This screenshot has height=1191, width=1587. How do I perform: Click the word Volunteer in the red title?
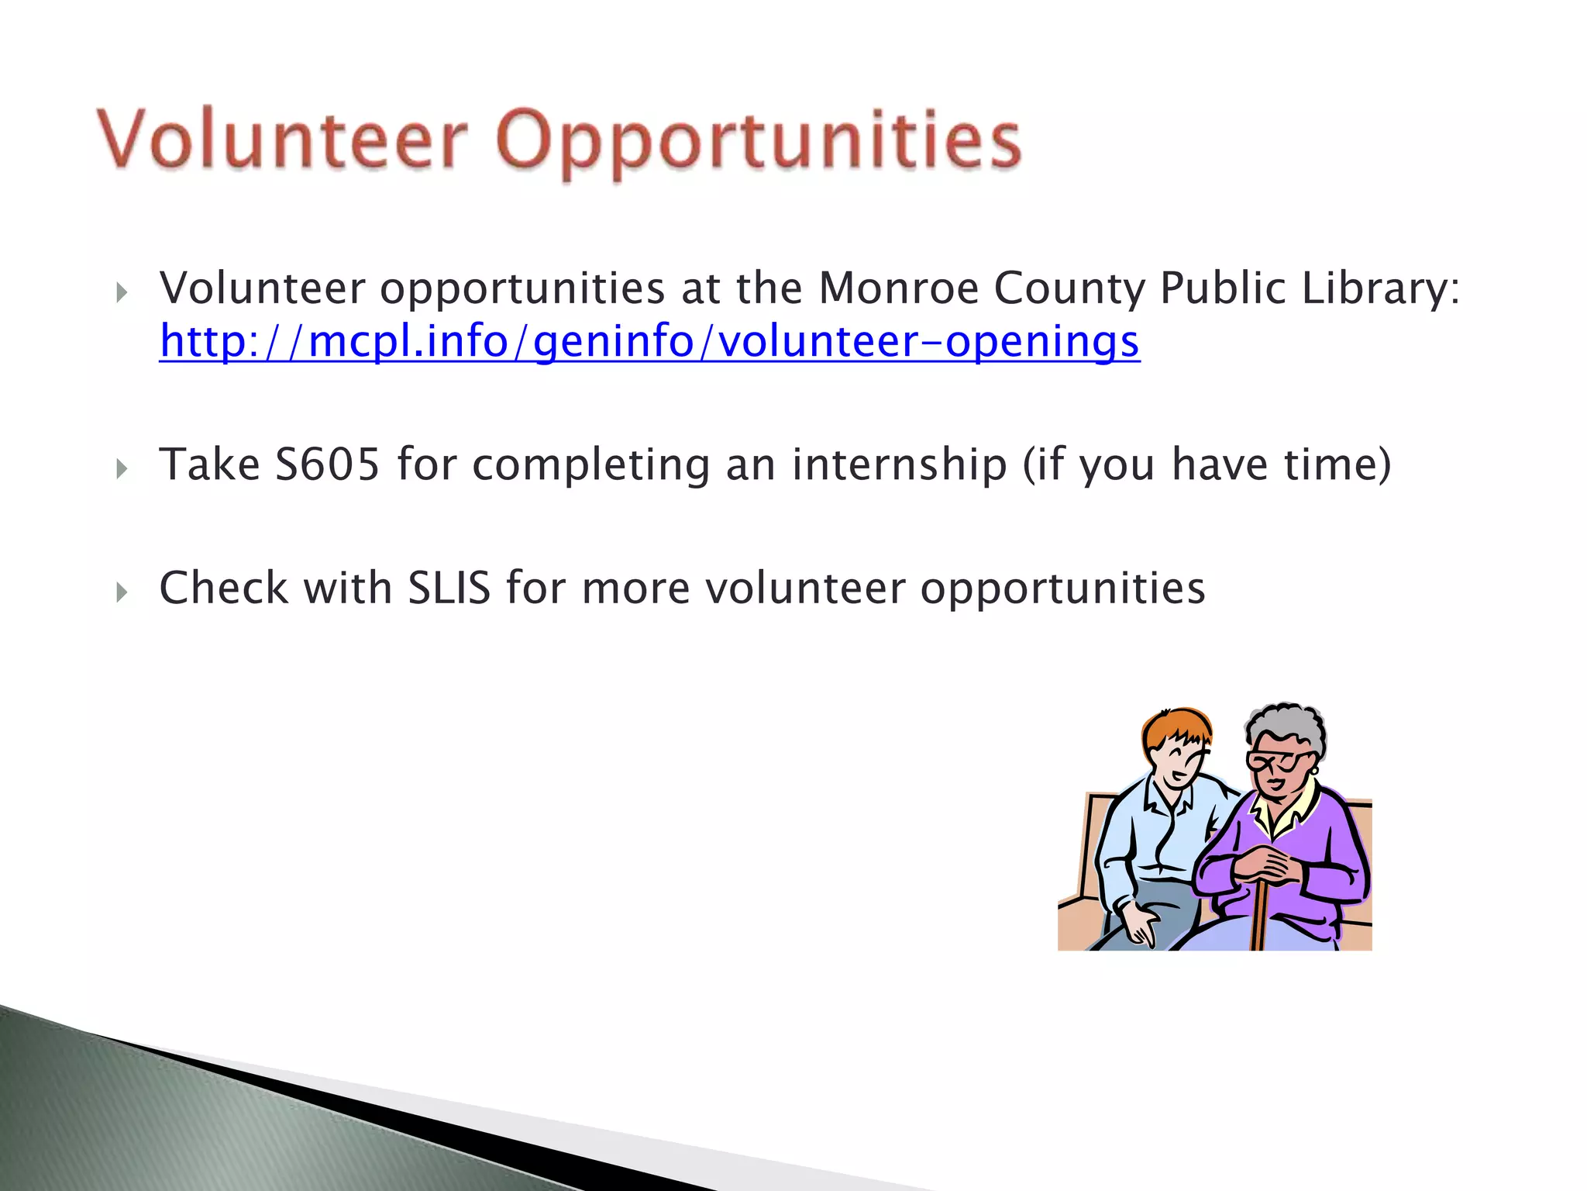point(283,140)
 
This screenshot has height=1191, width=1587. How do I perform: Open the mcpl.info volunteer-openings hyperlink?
point(649,341)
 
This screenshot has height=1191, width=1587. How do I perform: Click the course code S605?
point(328,464)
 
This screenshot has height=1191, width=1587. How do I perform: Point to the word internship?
point(899,464)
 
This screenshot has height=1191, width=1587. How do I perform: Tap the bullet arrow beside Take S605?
point(122,468)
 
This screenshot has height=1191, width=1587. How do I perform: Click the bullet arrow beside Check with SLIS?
point(122,592)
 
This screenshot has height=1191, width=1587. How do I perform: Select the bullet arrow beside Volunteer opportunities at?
point(122,292)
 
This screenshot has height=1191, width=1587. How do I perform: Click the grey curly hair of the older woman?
point(1286,721)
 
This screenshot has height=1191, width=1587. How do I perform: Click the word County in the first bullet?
point(1069,288)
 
